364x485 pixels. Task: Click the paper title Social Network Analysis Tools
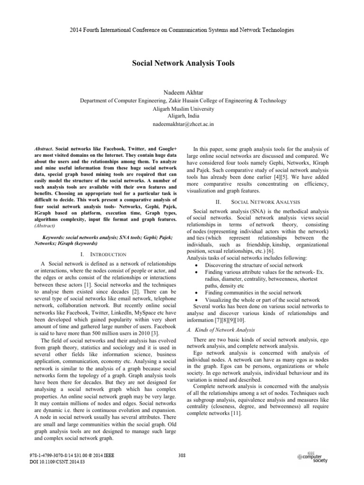(x=182, y=63)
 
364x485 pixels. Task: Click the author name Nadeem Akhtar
(x=182, y=92)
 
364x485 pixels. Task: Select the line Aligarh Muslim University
(x=182, y=108)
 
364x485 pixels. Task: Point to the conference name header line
(x=182, y=30)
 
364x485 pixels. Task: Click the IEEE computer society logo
(x=313, y=457)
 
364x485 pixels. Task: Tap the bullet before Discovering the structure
(x=197, y=265)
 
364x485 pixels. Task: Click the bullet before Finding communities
(x=197, y=293)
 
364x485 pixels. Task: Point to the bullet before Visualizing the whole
(x=197, y=300)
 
